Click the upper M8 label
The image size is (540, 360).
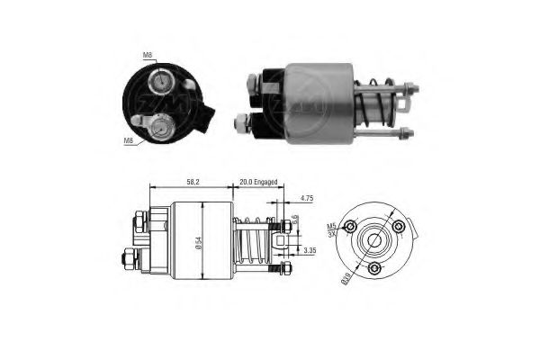tap(148, 56)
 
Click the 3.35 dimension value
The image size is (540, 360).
tap(309, 249)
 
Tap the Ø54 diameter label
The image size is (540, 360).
tap(205, 242)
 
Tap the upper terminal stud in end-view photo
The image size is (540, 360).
tap(159, 82)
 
